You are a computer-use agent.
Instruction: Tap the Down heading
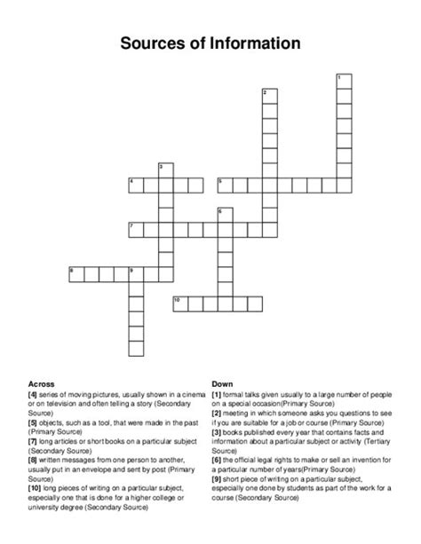click(x=221, y=384)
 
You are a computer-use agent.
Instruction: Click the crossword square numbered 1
click(x=344, y=83)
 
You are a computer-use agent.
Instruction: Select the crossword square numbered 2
click(x=269, y=98)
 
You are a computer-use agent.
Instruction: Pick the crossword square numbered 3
click(x=164, y=170)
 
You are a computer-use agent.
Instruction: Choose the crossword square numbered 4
click(x=135, y=185)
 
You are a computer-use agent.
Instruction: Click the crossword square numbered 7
click(x=135, y=230)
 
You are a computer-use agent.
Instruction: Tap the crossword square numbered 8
click(x=75, y=273)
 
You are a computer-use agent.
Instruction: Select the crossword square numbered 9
click(x=135, y=273)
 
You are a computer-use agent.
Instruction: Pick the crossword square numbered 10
click(x=179, y=304)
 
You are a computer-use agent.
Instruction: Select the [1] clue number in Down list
click(x=217, y=393)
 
